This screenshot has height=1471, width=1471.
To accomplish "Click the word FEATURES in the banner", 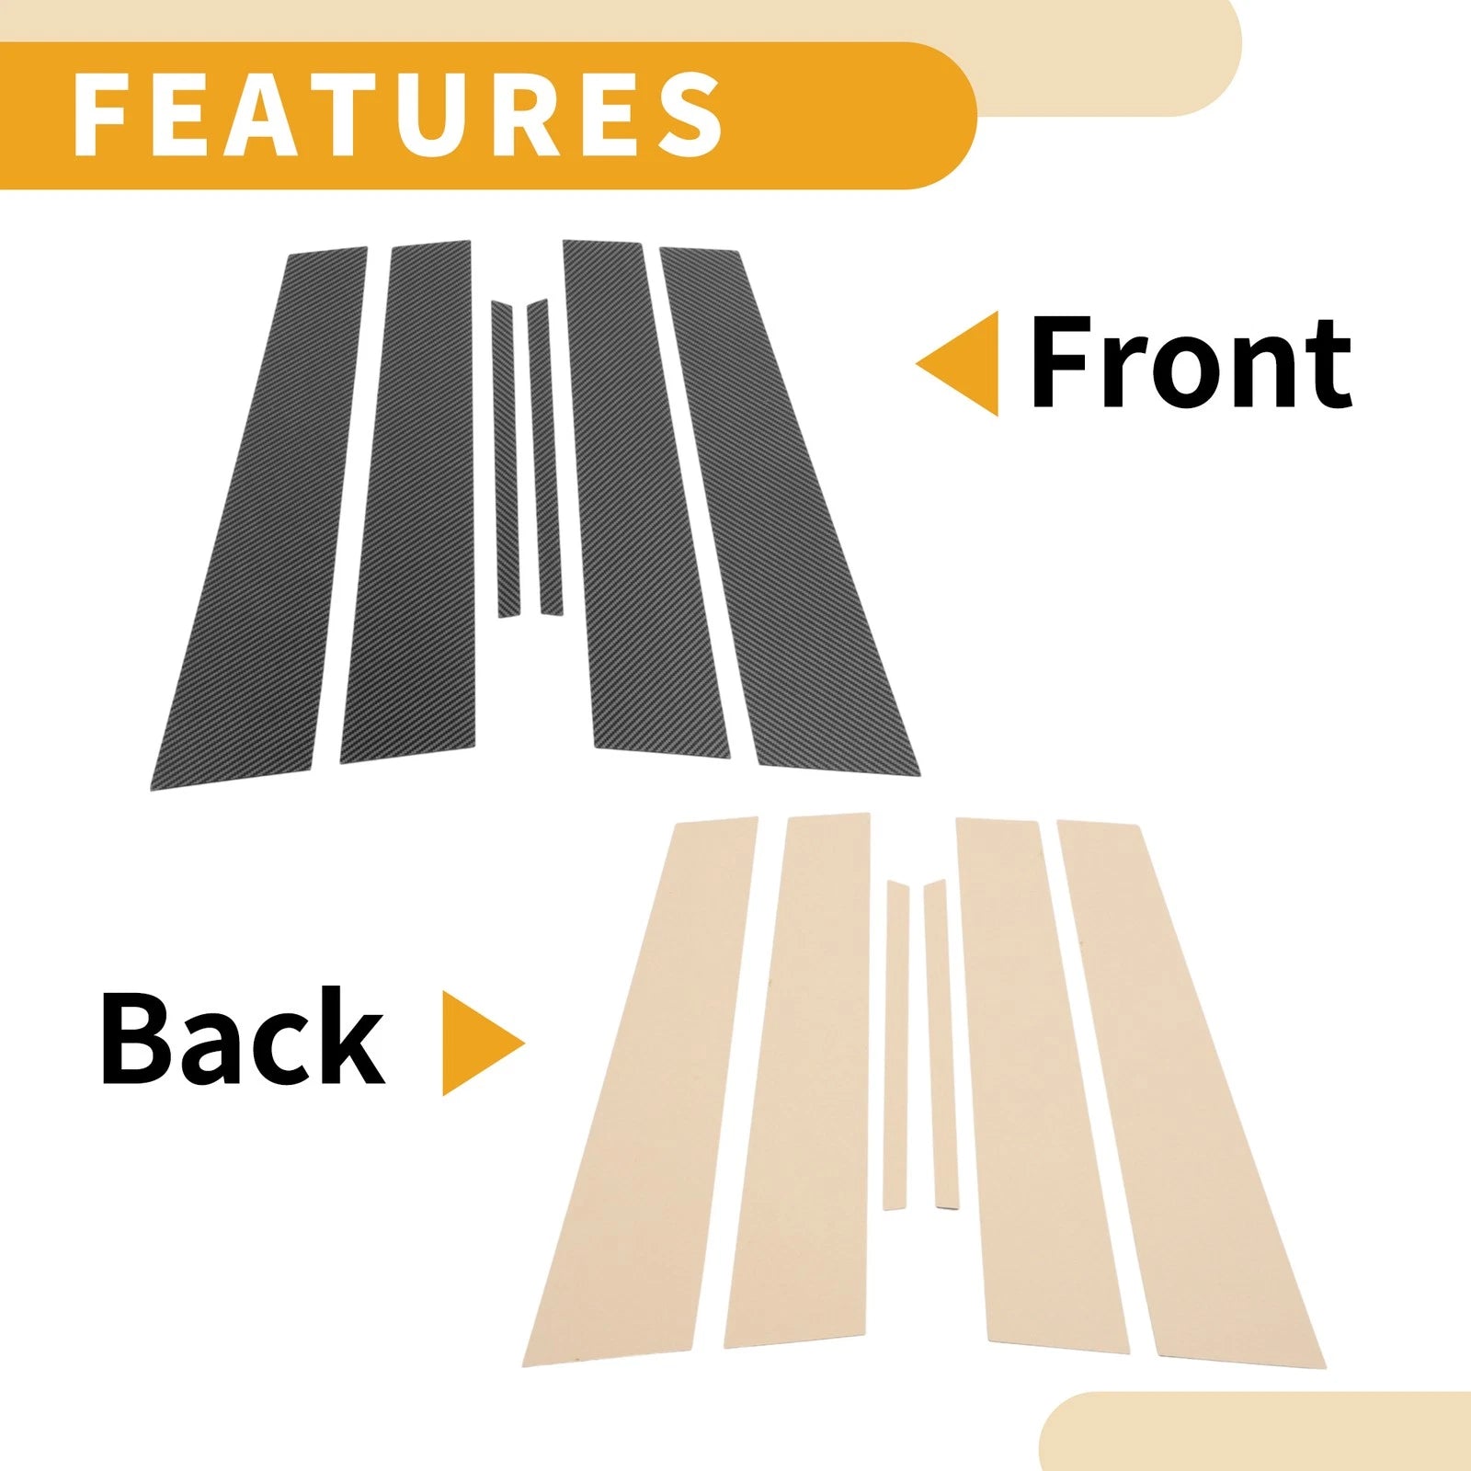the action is tap(397, 115).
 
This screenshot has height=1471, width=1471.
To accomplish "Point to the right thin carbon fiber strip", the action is tap(544, 457).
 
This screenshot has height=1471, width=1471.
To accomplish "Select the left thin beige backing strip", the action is tap(896, 1045).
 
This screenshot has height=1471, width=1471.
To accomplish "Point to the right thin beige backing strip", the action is tap(941, 1043).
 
